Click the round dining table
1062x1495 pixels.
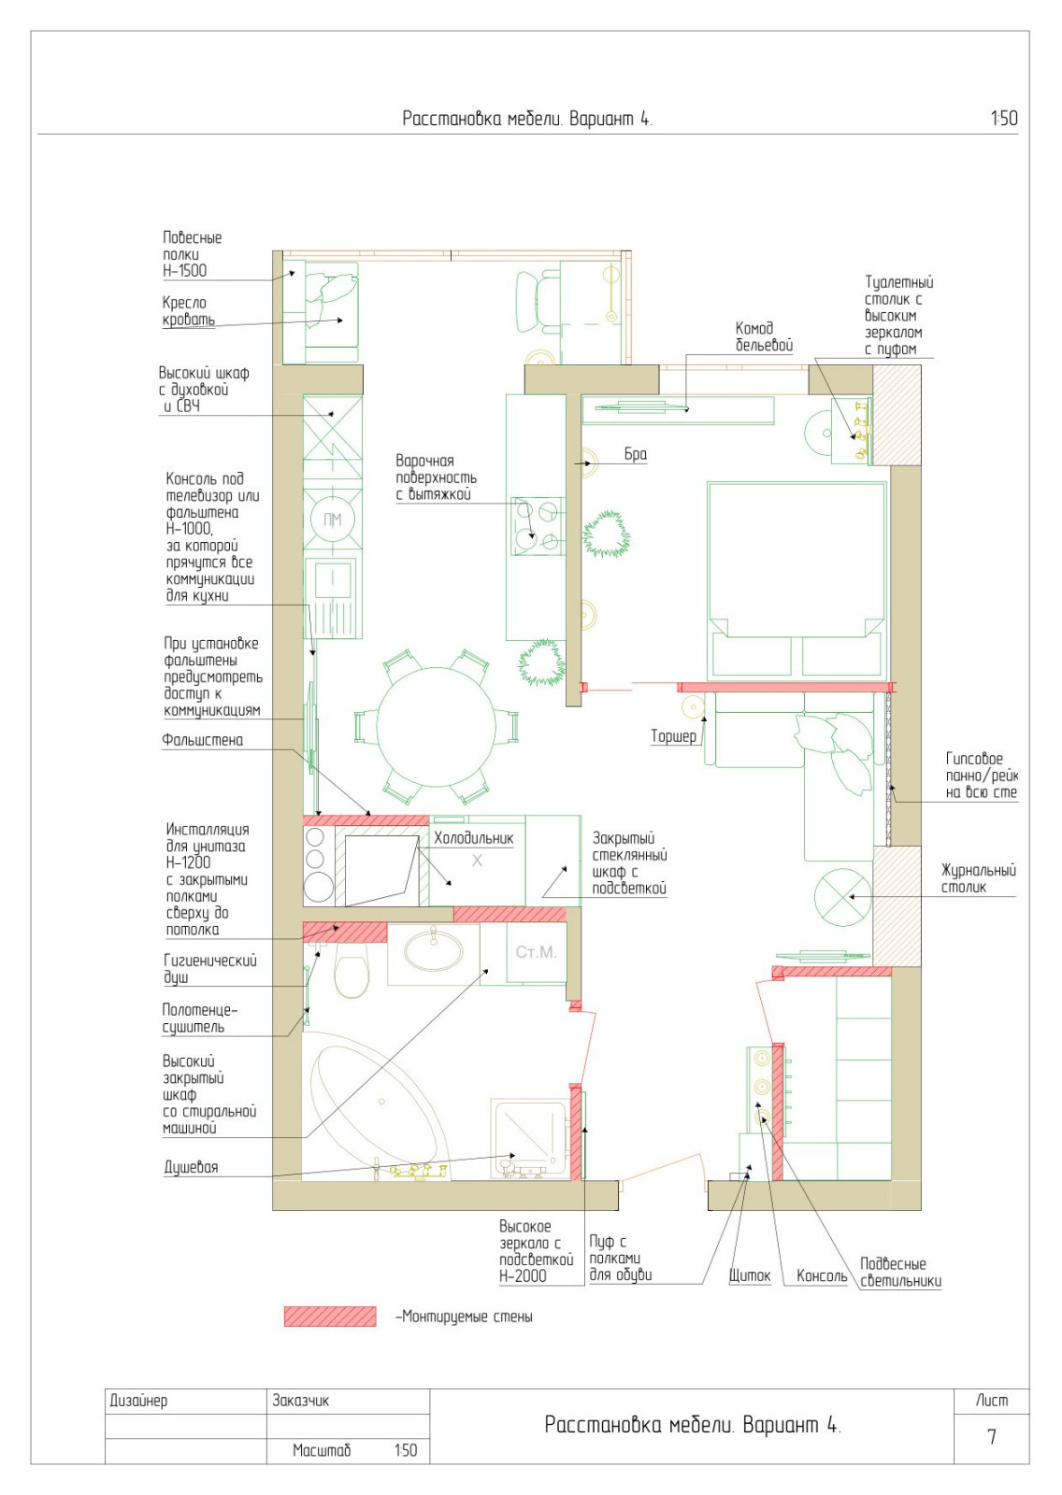pos(437,727)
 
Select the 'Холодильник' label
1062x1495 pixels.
pos(474,838)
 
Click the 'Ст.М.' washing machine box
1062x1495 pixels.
pos(537,952)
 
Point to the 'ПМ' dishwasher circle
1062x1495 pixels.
pos(332,520)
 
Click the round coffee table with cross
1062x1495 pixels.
pos(843,897)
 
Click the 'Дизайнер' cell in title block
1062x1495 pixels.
pos(138,1401)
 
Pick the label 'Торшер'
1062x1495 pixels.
pos(673,736)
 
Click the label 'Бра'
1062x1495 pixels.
pos(635,454)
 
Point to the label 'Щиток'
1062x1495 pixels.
pos(750,1275)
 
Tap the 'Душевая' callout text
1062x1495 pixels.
pos(191,1167)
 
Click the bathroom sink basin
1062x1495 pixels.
pos(434,950)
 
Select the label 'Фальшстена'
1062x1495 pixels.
pos(202,739)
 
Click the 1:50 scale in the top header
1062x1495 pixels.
pos(1004,118)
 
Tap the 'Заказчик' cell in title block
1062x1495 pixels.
pos(300,1401)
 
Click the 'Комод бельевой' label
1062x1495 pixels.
pos(764,336)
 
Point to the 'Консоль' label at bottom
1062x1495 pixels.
pos(822,1275)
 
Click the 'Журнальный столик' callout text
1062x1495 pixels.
pos(979,878)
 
